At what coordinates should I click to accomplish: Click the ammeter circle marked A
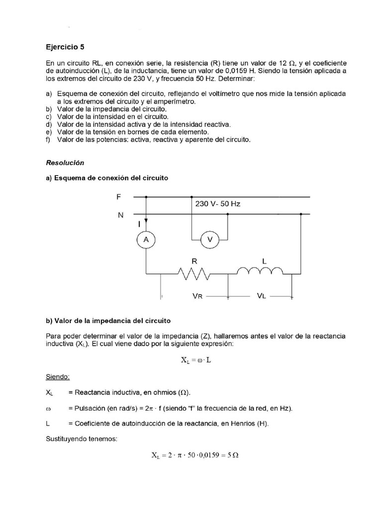[x=146, y=240]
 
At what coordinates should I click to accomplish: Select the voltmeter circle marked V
[x=209, y=240]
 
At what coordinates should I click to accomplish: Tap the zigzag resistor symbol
[x=194, y=273]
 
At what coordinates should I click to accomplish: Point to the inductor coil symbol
[x=260, y=271]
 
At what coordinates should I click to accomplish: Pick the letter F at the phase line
[x=118, y=196]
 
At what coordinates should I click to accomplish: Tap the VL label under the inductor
[x=262, y=296]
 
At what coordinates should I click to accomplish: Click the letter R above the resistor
[x=194, y=259]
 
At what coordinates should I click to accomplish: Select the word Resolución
[x=65, y=163]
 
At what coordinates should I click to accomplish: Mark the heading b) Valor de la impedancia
[x=108, y=321]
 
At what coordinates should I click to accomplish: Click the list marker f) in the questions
[x=49, y=140]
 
